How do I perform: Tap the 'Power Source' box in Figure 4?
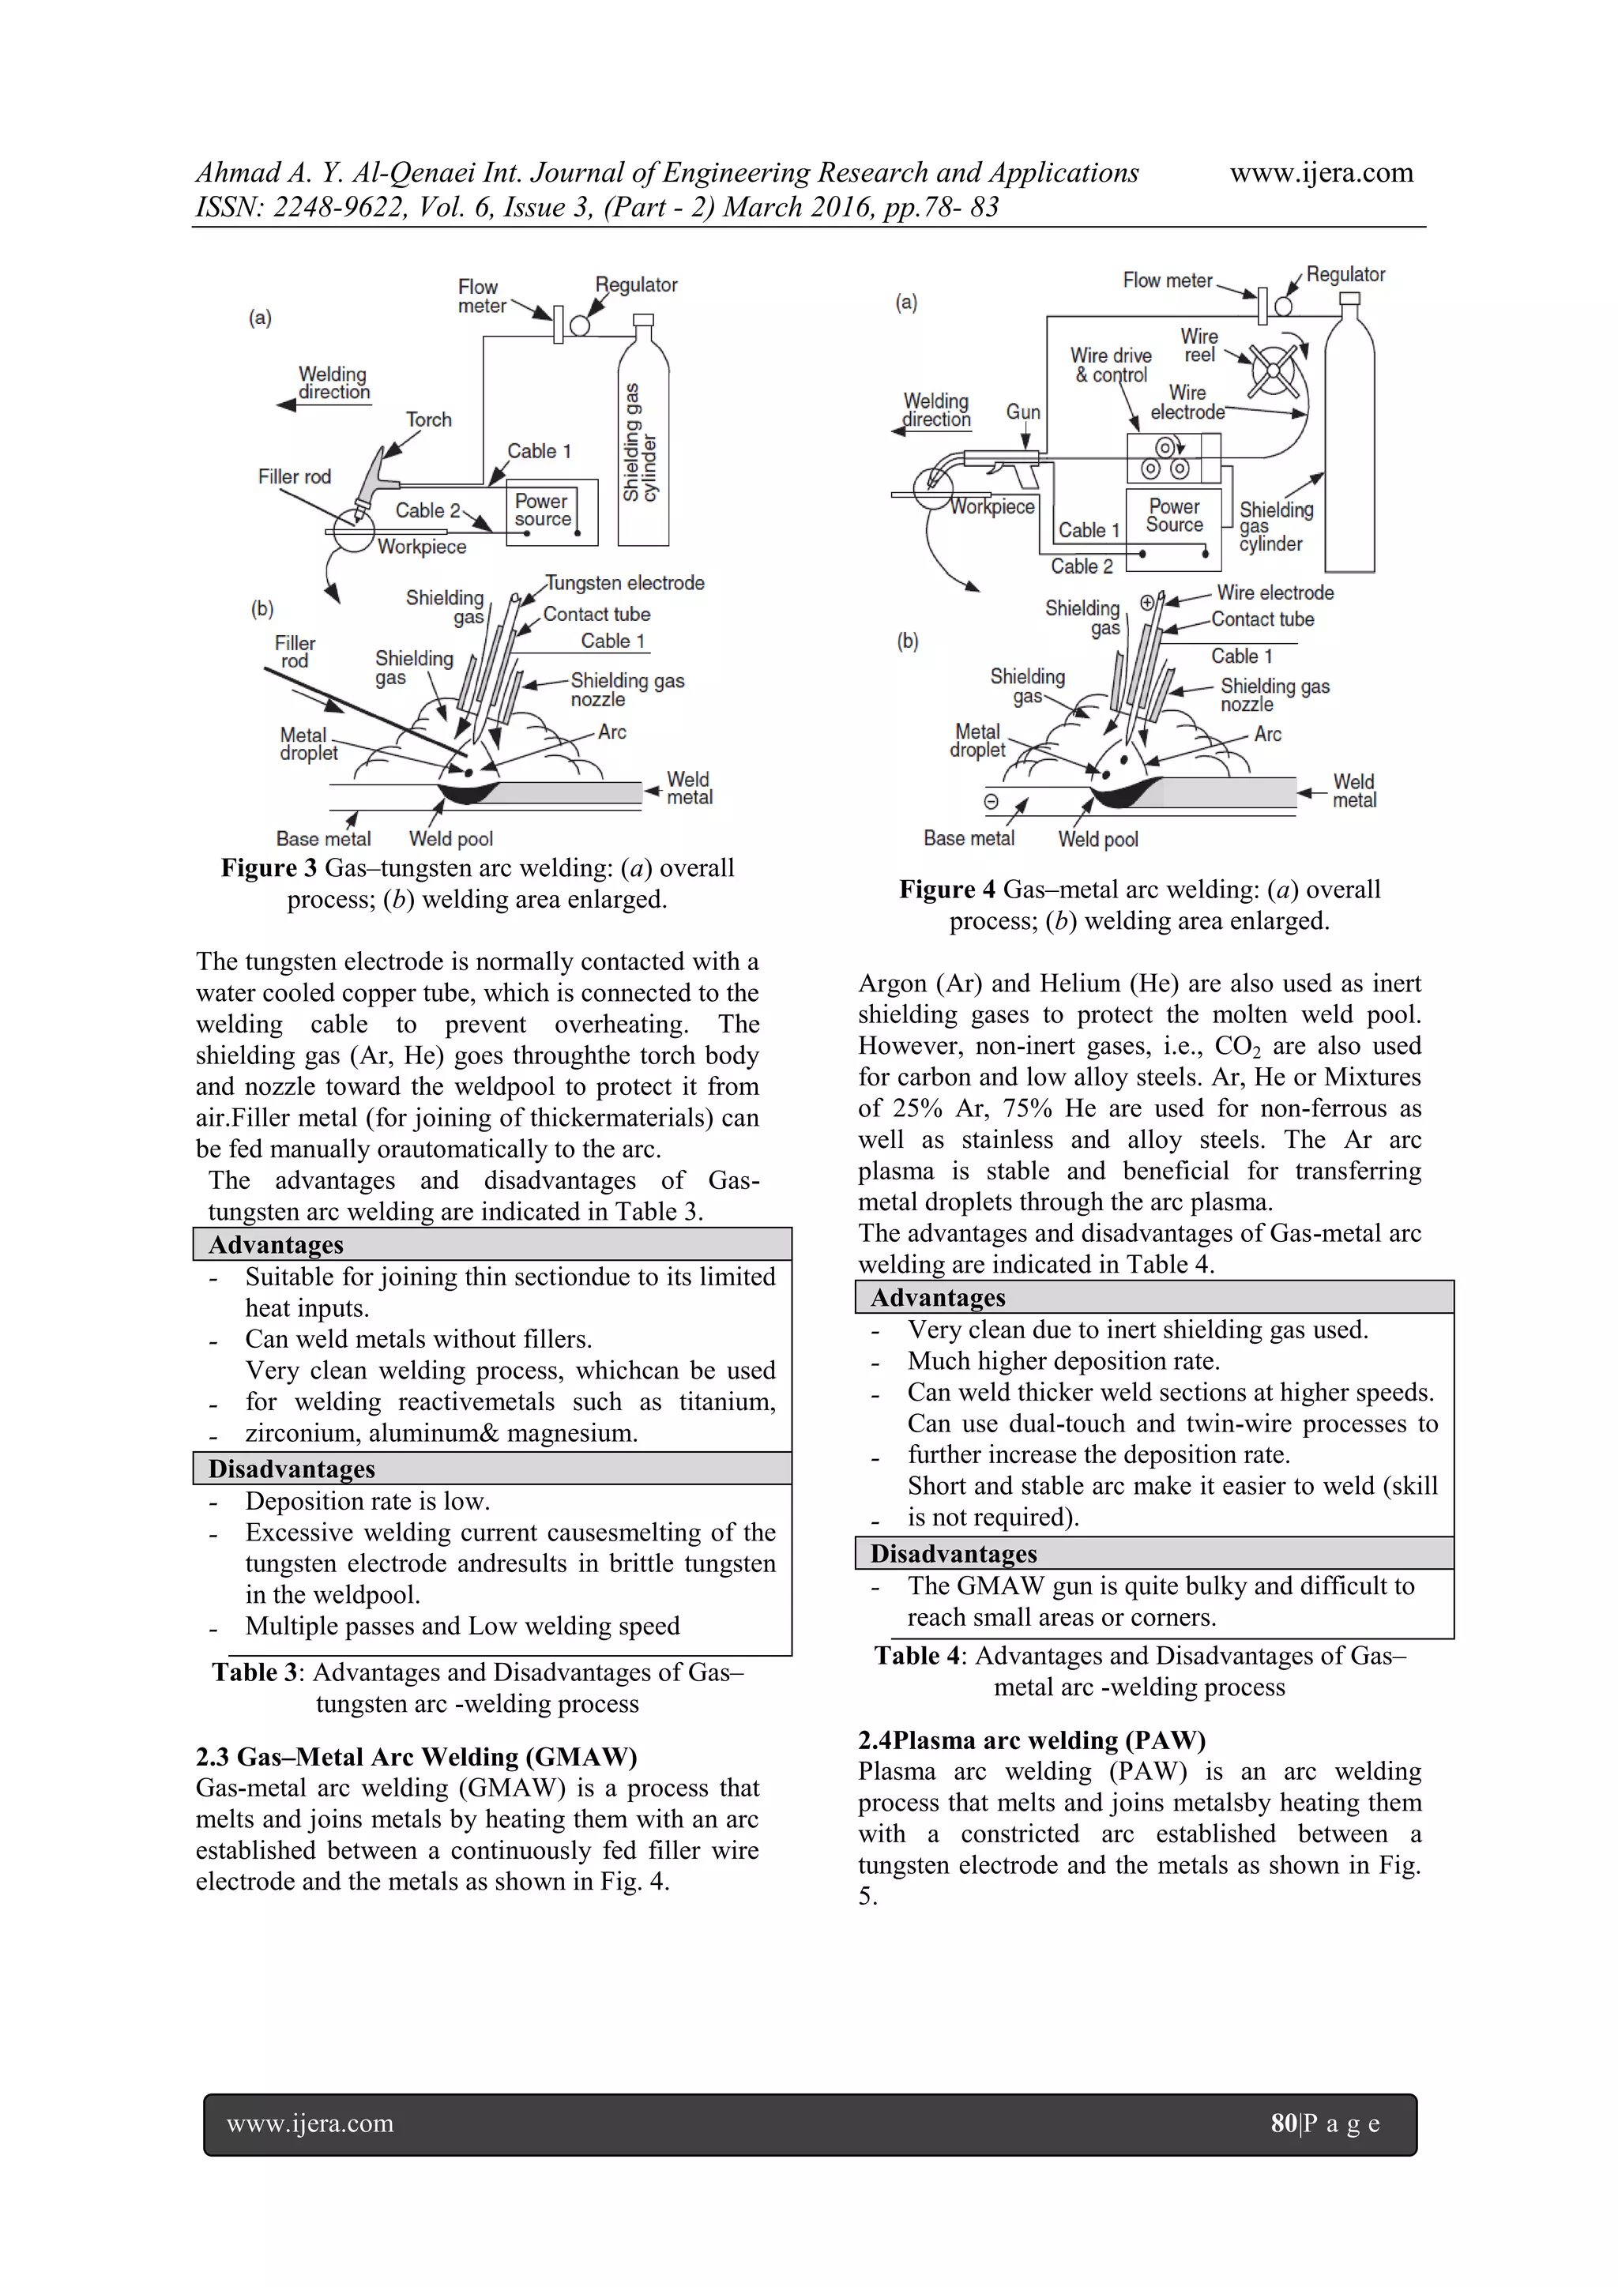(1174, 516)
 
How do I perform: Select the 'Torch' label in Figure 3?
(428, 420)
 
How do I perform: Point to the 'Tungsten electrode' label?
(625, 583)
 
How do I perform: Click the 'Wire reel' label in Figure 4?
(1198, 346)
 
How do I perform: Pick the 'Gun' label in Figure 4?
(1022, 412)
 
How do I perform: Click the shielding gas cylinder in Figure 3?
(642, 438)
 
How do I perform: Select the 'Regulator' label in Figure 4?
(1345, 275)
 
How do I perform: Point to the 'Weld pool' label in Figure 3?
(450, 840)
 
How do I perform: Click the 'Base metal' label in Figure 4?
(969, 839)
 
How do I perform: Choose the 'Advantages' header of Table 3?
(276, 1245)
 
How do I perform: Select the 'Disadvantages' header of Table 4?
(954, 1554)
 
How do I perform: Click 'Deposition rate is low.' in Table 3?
(367, 1501)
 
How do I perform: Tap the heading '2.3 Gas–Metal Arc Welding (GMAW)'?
(416, 1756)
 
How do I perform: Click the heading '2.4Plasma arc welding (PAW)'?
(1031, 1740)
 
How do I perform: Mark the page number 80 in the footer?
(1283, 2123)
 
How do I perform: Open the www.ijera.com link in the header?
(1321, 173)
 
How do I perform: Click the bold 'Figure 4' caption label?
(946, 890)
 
